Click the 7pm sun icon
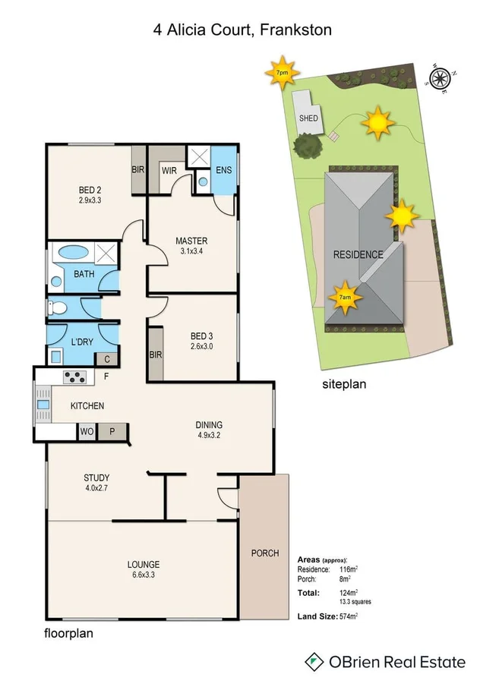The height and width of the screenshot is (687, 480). [x=282, y=73]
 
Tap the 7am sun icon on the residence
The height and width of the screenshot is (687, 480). [x=345, y=297]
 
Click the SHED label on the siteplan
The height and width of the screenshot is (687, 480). [x=308, y=118]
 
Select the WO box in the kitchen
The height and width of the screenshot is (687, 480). [x=87, y=432]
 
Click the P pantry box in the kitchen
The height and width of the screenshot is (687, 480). [x=112, y=432]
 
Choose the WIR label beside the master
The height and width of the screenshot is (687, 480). [x=169, y=171]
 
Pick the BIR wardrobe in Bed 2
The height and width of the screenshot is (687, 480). [x=137, y=170]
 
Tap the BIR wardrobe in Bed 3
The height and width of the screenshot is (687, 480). [x=154, y=354]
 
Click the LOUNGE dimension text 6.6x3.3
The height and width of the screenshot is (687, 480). [x=143, y=576]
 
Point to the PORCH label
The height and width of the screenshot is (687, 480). [x=265, y=553]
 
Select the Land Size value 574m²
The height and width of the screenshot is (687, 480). [x=349, y=616]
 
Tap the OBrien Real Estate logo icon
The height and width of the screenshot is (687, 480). [x=312, y=662]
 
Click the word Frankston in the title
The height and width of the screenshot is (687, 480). [x=295, y=30]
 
